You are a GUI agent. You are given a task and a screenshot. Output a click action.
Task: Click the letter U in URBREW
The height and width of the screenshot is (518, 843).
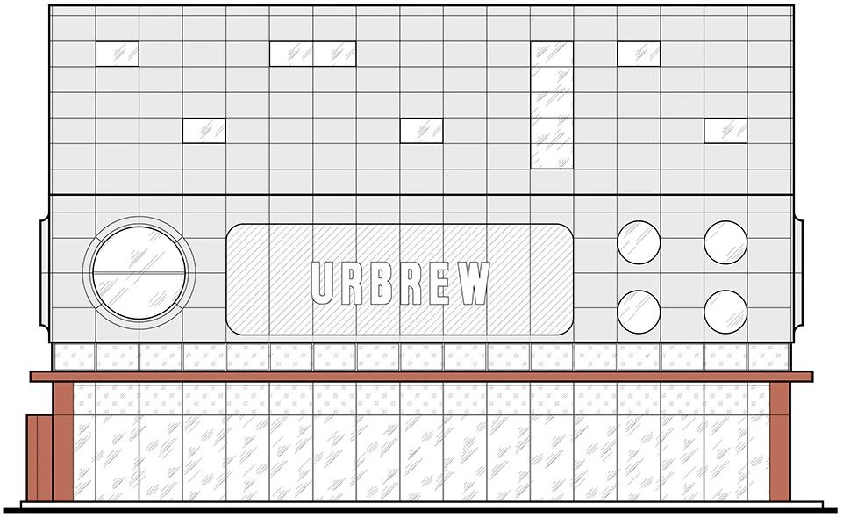[324, 284]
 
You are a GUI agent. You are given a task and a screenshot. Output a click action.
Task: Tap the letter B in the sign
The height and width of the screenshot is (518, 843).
[381, 284]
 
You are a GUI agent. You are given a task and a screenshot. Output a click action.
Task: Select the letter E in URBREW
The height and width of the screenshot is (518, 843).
[439, 284]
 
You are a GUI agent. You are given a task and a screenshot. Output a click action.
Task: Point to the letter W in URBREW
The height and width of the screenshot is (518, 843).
[474, 284]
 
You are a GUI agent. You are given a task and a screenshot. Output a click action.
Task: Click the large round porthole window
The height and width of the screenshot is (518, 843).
[139, 272]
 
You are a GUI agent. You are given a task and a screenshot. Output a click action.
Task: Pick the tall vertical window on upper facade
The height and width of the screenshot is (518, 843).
[552, 104]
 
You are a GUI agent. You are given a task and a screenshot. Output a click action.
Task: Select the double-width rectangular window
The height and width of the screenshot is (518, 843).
[312, 54]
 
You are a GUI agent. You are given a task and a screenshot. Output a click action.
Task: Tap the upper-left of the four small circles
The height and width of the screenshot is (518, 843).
[639, 241]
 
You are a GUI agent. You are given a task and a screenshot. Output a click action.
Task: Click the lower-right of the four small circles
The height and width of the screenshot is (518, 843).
[725, 312]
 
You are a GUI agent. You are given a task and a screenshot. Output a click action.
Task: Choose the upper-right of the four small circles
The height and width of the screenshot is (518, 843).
[725, 241]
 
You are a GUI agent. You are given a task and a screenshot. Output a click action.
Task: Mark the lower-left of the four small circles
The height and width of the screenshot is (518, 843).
[639, 312]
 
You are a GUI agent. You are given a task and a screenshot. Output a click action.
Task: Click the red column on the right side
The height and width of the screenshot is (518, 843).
[779, 441]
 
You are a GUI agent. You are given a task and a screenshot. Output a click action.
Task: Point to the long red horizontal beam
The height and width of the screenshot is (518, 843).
[421, 376]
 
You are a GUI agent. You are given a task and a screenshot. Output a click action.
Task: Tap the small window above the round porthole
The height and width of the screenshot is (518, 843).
[117, 54]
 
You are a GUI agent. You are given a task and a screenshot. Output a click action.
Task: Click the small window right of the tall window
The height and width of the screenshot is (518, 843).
[639, 54]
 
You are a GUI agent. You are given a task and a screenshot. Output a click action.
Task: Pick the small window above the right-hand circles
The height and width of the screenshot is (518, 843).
[725, 130]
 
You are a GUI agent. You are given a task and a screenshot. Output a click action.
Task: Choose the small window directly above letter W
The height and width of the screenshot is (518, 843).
[421, 130]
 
